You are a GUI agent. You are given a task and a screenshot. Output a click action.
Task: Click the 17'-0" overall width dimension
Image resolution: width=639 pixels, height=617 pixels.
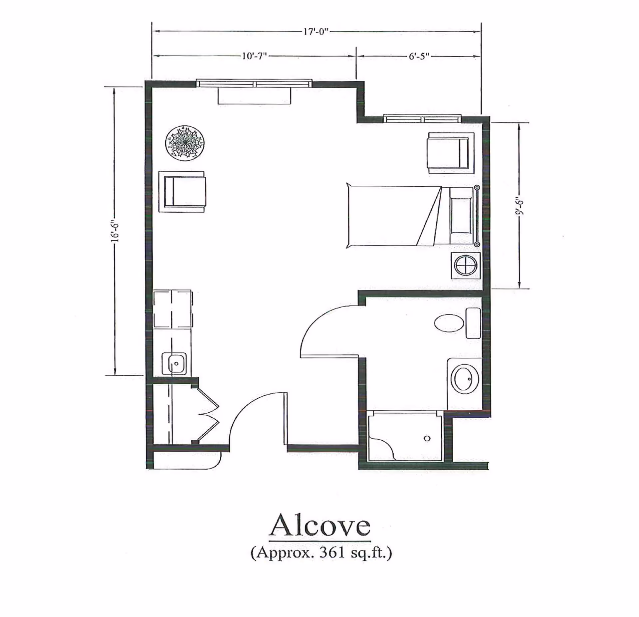point(316,32)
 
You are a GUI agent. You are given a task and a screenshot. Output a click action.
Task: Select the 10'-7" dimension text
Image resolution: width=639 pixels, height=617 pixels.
point(254,56)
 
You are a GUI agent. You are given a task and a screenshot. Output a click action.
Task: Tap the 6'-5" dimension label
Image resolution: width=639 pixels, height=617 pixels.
point(419,56)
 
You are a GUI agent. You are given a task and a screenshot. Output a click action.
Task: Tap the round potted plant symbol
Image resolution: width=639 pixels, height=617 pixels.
point(185,143)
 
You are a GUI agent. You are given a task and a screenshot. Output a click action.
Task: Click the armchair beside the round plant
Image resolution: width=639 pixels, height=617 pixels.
point(182,192)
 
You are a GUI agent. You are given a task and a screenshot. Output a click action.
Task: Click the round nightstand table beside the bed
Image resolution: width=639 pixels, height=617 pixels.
point(466,266)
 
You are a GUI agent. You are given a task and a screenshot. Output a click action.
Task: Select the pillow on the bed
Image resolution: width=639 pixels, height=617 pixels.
point(461,215)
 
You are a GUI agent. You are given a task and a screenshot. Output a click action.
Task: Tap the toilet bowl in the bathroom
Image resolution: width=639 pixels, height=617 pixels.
point(449,323)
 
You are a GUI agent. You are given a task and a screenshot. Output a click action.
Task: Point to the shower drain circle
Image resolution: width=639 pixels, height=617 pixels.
point(427,438)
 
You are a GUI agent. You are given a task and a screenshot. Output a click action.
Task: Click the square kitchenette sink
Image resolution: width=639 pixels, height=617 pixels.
point(174,364)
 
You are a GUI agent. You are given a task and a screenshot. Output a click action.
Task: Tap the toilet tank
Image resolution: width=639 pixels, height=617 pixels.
point(473,323)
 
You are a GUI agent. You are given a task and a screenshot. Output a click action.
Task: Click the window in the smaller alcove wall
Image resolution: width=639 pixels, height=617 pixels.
point(422,118)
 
